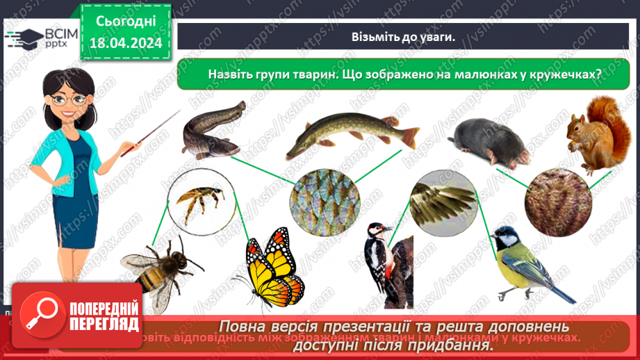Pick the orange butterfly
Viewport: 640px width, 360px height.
point(274,266)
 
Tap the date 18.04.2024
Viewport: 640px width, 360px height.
point(125,42)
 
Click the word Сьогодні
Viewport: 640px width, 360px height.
point(125,22)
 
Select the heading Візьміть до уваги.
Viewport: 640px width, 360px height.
point(403,36)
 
